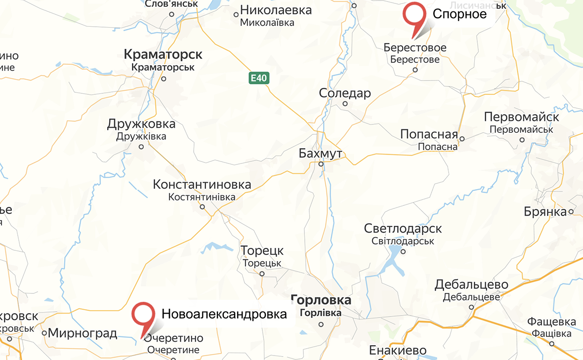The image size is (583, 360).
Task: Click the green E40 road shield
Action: (x=258, y=78)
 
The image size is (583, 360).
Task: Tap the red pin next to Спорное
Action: (x=414, y=16)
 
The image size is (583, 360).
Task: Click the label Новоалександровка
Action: (x=224, y=314)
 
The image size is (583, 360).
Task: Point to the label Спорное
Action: (x=459, y=14)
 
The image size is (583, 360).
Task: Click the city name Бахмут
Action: (x=321, y=154)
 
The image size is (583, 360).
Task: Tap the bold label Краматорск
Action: (x=163, y=54)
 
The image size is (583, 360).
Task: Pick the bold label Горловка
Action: (x=321, y=300)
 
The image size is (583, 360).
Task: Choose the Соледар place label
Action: (x=345, y=93)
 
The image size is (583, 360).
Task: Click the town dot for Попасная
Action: (x=462, y=139)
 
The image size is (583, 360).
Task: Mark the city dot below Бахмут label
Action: (x=321, y=163)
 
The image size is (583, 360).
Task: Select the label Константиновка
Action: (x=202, y=185)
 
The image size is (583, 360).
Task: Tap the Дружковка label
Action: (x=141, y=124)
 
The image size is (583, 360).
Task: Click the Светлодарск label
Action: (x=403, y=229)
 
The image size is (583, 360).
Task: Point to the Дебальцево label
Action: (x=471, y=285)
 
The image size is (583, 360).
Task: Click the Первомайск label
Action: (x=521, y=118)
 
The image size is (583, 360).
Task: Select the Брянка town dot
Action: (x=571, y=212)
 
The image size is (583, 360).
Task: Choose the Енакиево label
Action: (x=398, y=351)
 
